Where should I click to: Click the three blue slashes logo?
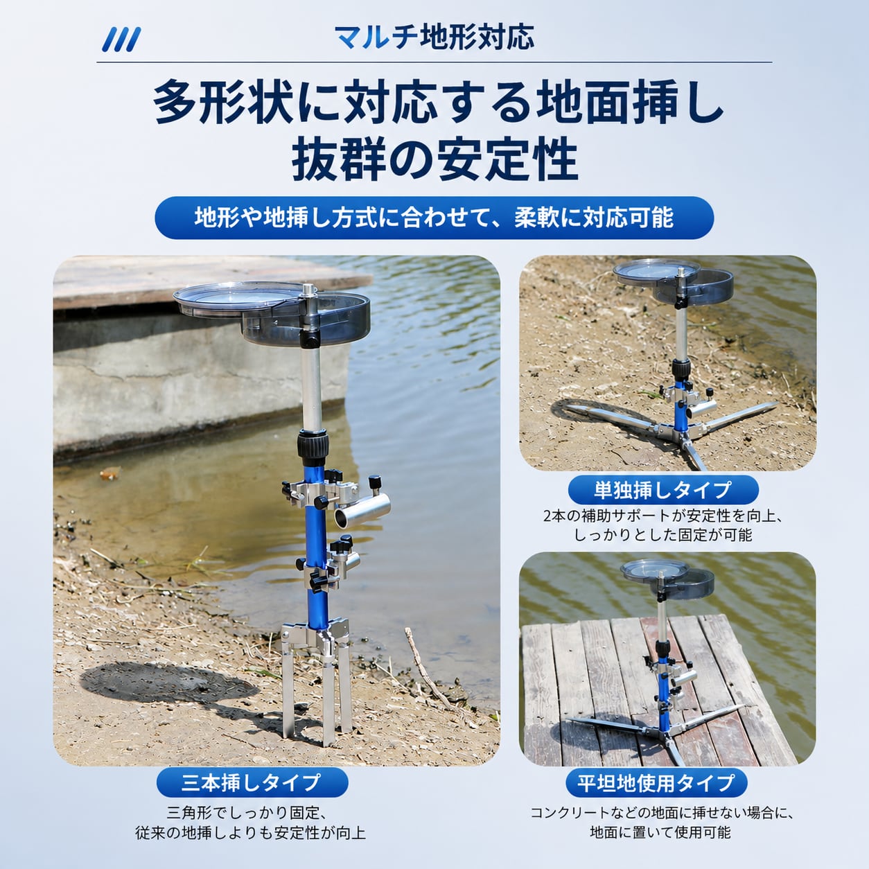tap(121, 39)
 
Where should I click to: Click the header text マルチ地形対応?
tap(434, 37)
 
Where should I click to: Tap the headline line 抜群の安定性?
tap(434, 160)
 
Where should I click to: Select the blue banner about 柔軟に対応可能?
tap(434, 218)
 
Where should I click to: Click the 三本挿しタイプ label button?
tap(252, 782)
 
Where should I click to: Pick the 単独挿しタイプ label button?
tap(663, 490)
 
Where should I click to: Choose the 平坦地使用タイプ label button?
tap(656, 782)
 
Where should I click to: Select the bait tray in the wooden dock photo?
tap(667, 579)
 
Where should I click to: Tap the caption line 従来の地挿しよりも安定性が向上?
tap(250, 833)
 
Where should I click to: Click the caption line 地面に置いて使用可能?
tap(660, 832)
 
